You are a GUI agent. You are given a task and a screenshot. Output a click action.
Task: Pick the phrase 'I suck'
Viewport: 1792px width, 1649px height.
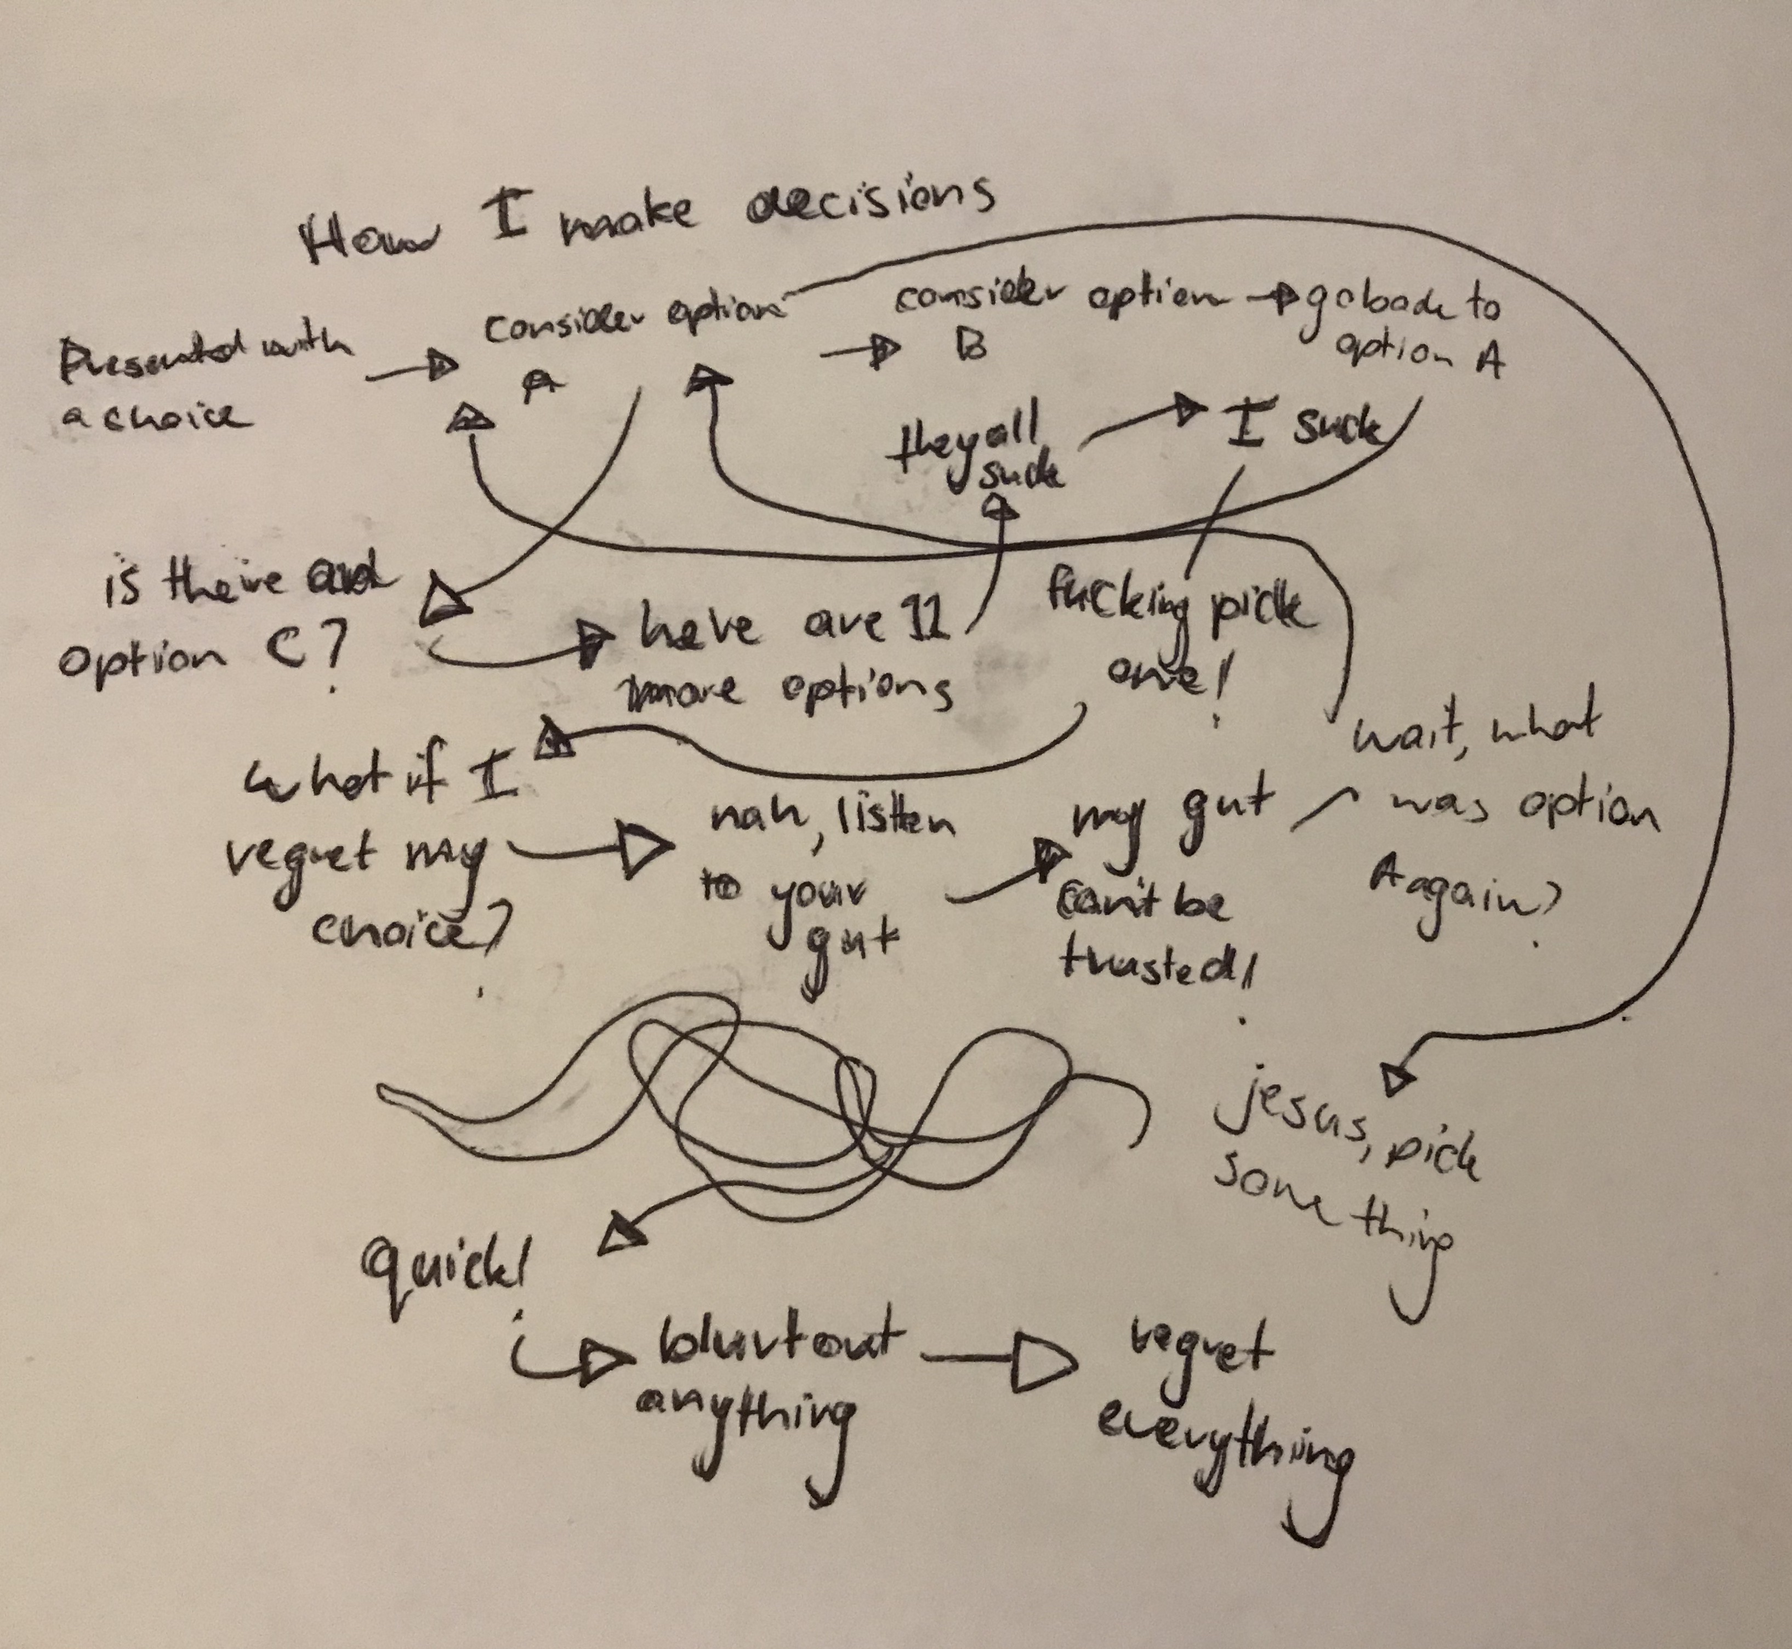click(1303, 430)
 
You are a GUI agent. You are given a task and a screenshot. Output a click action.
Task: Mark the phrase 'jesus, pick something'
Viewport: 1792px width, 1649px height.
click(1347, 1178)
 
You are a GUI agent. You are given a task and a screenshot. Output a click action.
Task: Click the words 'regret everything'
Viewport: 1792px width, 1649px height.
click(1222, 1410)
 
